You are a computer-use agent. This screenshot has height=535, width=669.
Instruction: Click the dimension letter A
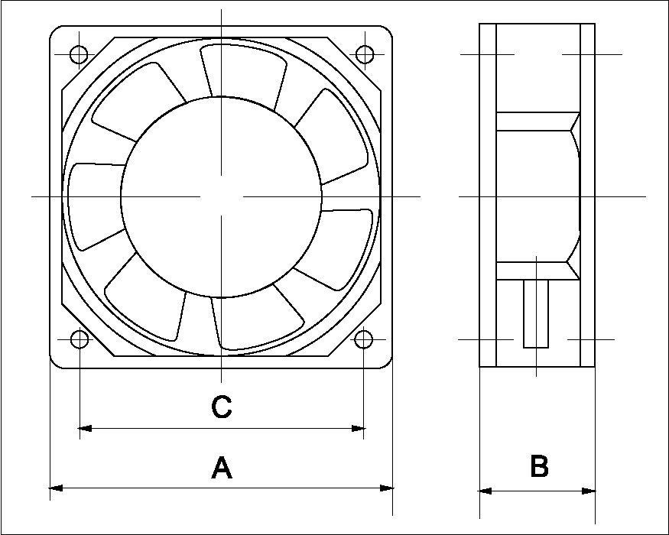tap(221, 467)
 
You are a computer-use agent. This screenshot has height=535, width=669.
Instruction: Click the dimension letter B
tap(539, 465)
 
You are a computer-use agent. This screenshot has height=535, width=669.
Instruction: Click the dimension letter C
tap(221, 407)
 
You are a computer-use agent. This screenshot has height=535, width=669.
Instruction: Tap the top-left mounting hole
tap(79, 54)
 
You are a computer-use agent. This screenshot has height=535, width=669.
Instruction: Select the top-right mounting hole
tap(365, 54)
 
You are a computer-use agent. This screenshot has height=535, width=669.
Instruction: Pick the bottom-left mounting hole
tap(79, 339)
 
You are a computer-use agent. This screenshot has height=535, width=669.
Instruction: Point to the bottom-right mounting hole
tap(364, 339)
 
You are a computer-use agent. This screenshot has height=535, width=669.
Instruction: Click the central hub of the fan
tap(220, 196)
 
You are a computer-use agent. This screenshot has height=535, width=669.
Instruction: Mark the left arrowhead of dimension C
tap(85, 428)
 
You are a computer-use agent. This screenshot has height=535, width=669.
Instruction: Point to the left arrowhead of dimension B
tap(485, 491)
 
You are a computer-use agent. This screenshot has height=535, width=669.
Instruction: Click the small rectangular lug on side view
tap(535, 314)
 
